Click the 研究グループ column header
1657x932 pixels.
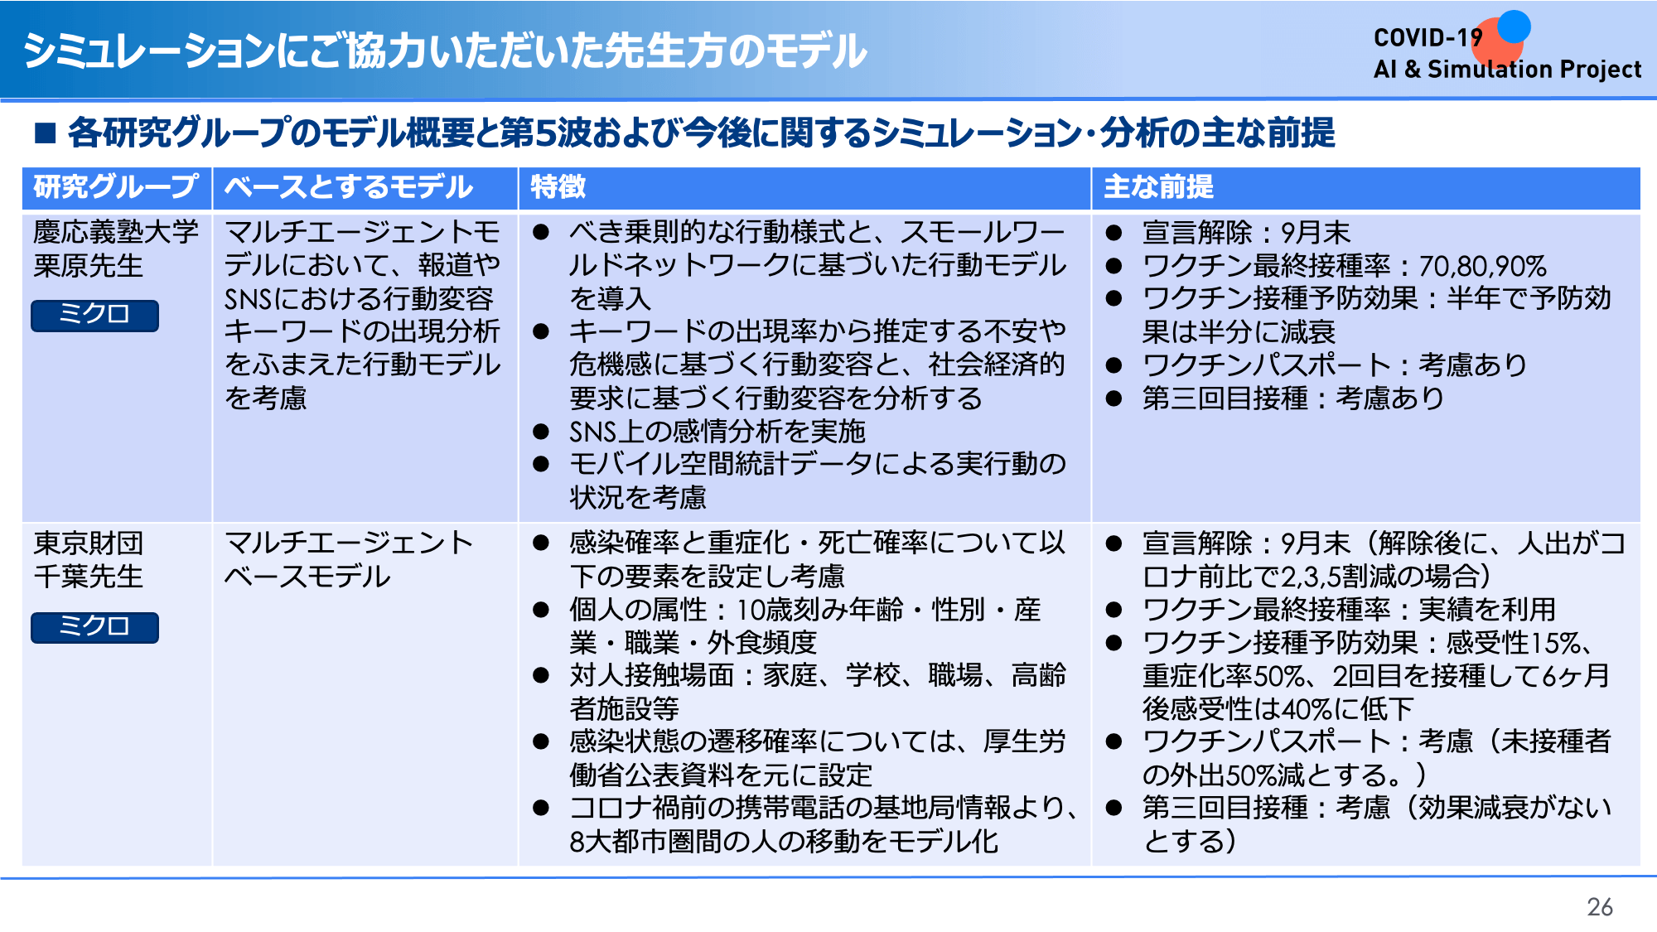(x=116, y=187)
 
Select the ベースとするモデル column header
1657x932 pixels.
(x=349, y=187)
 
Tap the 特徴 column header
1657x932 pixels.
(x=558, y=187)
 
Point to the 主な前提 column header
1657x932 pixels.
(x=1158, y=187)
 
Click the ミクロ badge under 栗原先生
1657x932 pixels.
(x=94, y=315)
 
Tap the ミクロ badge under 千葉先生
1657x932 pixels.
(x=94, y=627)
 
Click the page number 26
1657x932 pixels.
(x=1600, y=907)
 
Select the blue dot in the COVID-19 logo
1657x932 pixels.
(x=1514, y=27)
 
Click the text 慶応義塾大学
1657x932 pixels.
(x=116, y=232)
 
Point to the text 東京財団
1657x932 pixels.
(x=89, y=543)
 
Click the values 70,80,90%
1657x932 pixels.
(x=1483, y=266)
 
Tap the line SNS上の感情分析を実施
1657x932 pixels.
(x=717, y=432)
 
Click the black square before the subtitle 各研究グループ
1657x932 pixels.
(x=45, y=133)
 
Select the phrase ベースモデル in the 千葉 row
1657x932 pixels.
(x=307, y=577)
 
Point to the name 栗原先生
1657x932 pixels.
(x=89, y=266)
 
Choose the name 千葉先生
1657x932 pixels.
(x=89, y=577)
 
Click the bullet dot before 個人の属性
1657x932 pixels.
(x=541, y=610)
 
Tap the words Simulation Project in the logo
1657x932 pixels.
(x=1534, y=70)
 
